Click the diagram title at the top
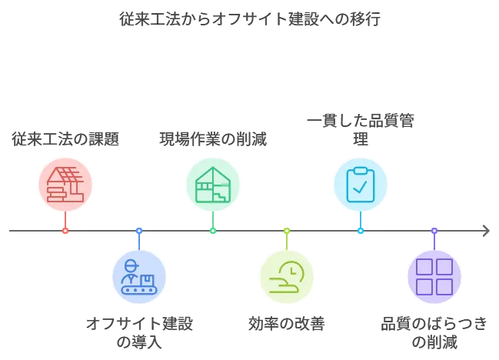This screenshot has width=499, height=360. (248, 18)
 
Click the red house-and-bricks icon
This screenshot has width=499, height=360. (65, 185)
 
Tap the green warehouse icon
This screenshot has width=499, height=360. (212, 185)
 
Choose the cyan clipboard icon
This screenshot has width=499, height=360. (360, 185)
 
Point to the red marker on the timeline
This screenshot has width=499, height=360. (65, 230)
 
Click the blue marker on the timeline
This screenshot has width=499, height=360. (138, 230)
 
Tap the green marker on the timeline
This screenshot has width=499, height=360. (212, 230)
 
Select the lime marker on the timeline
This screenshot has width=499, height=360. (286, 230)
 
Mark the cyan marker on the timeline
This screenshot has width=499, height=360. (360, 230)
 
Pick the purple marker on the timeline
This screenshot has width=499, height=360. (434, 230)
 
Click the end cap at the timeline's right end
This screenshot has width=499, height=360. (485, 230)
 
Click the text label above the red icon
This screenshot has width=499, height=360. (65, 138)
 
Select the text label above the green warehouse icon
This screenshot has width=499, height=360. (212, 138)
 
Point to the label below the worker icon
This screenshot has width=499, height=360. (140, 332)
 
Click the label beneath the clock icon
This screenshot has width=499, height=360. (286, 323)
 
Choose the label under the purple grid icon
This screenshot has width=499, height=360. (435, 332)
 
